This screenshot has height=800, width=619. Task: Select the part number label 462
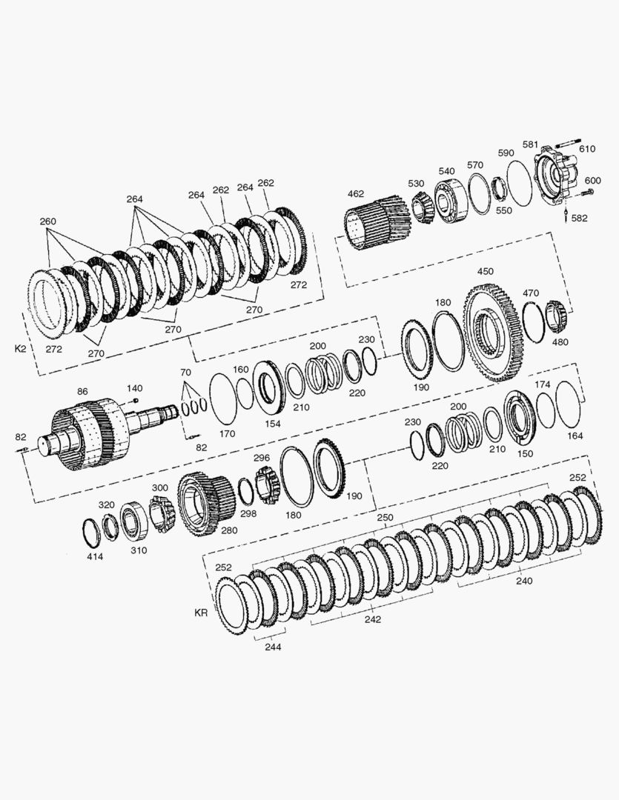pos(356,195)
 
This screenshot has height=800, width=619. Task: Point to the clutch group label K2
pos(20,347)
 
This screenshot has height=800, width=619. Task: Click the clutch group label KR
pos(200,613)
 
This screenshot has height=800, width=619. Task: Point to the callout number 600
pos(593,181)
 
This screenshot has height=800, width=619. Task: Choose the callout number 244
pos(272,647)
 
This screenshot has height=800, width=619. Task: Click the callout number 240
pos(523,581)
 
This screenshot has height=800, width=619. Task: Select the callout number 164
pos(575,436)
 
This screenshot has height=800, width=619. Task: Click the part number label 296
pos(261,458)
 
